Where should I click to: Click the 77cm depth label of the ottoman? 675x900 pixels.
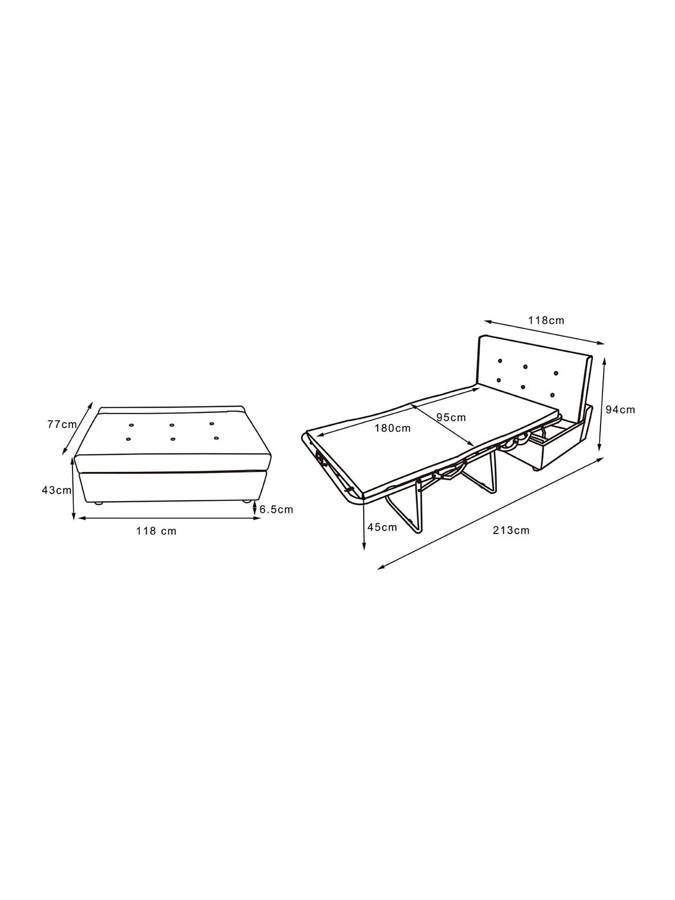62,424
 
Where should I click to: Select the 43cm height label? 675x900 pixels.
56,490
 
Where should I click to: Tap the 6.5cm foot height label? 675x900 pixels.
276,509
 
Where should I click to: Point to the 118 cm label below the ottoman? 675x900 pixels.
156,530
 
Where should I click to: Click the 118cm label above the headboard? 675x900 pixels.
547,320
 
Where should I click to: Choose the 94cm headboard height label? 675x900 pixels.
620,409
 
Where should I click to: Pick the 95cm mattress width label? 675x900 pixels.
451,417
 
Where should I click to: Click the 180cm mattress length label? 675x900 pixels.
393,428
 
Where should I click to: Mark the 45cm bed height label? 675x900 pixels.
382,526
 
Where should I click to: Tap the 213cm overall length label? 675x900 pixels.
511,530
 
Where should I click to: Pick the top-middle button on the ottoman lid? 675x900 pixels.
171,425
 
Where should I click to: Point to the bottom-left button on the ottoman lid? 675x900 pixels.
128,440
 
